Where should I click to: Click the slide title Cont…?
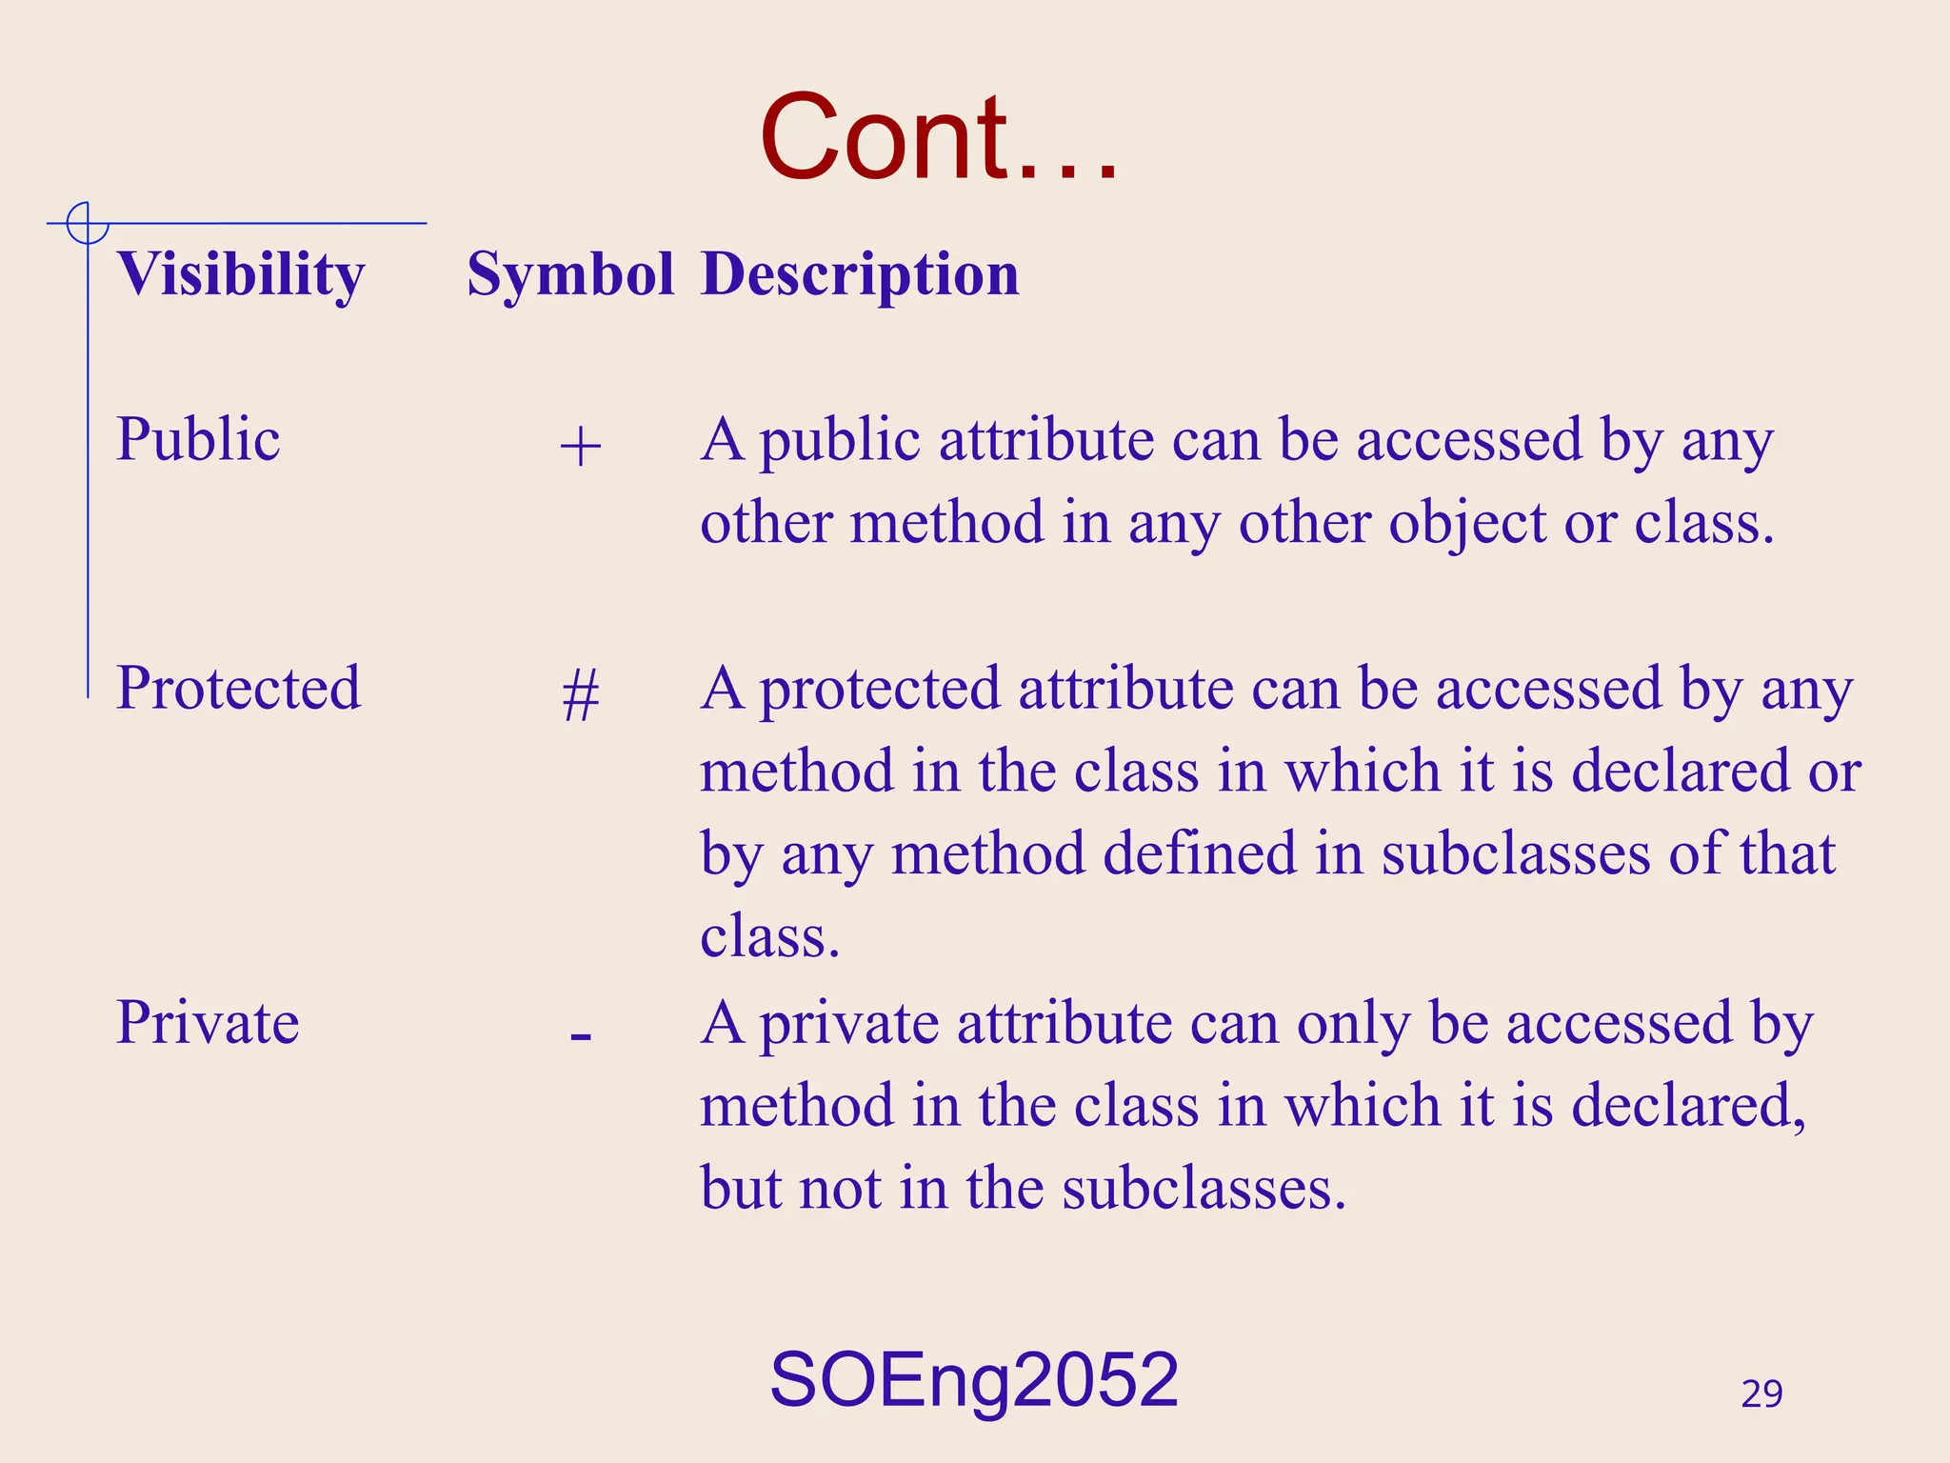coord(939,138)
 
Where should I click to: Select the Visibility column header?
coord(241,275)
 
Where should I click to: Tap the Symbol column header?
coord(570,275)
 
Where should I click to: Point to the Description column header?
coord(860,275)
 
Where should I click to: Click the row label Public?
coord(198,440)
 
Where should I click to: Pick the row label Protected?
coord(238,688)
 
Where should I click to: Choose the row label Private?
coord(208,1023)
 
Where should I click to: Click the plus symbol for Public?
coord(580,447)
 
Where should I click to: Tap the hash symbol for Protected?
coord(580,695)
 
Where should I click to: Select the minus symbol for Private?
coord(580,1035)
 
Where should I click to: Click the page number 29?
coord(1761,1394)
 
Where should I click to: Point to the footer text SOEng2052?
coord(973,1380)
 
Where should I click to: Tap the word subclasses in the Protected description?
coord(1515,854)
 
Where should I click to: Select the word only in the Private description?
coord(1353,1025)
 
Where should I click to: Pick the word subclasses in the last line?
coord(1204,1190)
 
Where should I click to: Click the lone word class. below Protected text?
coord(769,937)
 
